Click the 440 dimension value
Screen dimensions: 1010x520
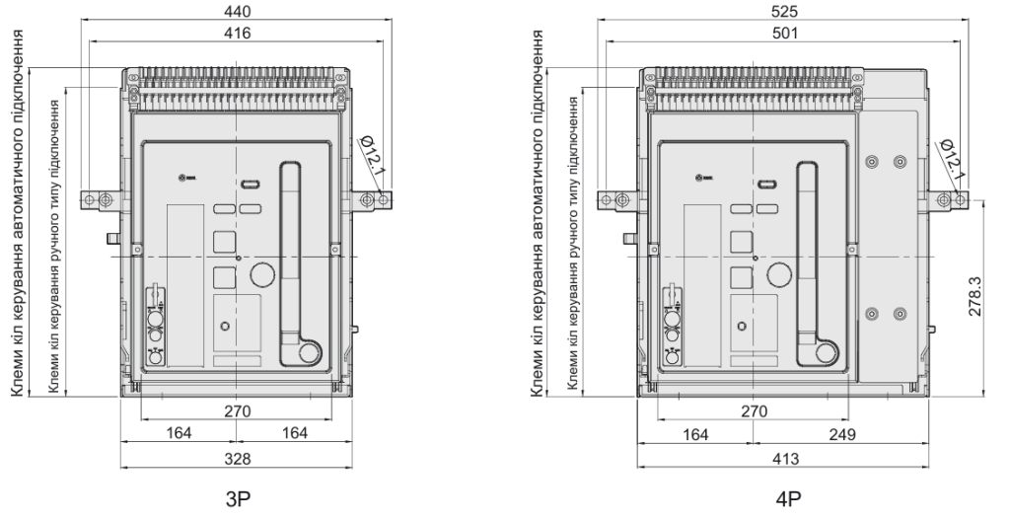(x=237, y=11)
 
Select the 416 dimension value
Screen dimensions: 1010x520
(x=237, y=33)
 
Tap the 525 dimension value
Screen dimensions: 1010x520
(x=785, y=11)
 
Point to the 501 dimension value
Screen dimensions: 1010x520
(x=785, y=33)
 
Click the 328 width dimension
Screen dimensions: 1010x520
(x=237, y=458)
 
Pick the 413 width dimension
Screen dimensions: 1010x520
(x=785, y=458)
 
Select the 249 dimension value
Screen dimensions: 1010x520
(x=842, y=433)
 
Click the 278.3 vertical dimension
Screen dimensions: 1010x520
(x=975, y=296)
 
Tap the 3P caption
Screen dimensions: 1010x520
(x=237, y=498)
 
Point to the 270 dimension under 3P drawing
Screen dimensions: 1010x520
(x=237, y=410)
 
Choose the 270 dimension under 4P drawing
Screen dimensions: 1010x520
(x=754, y=410)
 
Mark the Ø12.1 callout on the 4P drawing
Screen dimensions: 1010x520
(x=952, y=159)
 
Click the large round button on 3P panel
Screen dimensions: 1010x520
(x=262, y=274)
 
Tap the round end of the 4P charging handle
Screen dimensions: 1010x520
(x=826, y=353)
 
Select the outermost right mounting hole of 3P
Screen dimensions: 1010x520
(x=384, y=200)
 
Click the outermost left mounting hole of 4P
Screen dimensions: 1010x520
(x=606, y=200)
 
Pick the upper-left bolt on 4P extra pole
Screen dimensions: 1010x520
(x=872, y=161)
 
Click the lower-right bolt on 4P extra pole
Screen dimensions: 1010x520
(x=900, y=314)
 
